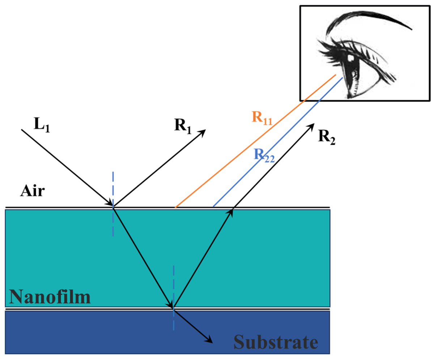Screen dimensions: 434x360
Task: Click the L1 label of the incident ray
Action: point(42,125)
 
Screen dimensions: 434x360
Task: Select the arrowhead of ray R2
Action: point(311,126)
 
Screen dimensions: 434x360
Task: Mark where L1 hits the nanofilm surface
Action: point(113,207)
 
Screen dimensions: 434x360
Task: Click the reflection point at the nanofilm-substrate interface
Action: point(174,308)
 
